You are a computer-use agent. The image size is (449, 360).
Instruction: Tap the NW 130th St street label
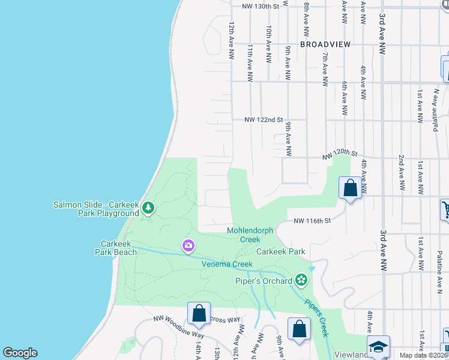[262, 6]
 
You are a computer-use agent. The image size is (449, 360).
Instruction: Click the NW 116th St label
[312, 221]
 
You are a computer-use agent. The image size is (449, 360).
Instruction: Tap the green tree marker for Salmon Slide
[148, 208]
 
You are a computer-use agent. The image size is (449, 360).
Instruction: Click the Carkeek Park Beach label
[119, 248]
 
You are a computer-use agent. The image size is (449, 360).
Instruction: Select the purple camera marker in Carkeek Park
[188, 245]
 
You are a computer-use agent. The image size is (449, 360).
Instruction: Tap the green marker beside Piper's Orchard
[301, 280]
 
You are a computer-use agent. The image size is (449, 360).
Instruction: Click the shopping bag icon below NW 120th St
[350, 188]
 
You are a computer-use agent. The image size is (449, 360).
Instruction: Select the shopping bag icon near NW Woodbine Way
[199, 313]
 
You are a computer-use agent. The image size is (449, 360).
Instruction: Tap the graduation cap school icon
[378, 347]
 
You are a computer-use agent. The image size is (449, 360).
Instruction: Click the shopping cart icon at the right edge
[445, 209]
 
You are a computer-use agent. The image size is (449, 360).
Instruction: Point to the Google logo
[20, 353]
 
